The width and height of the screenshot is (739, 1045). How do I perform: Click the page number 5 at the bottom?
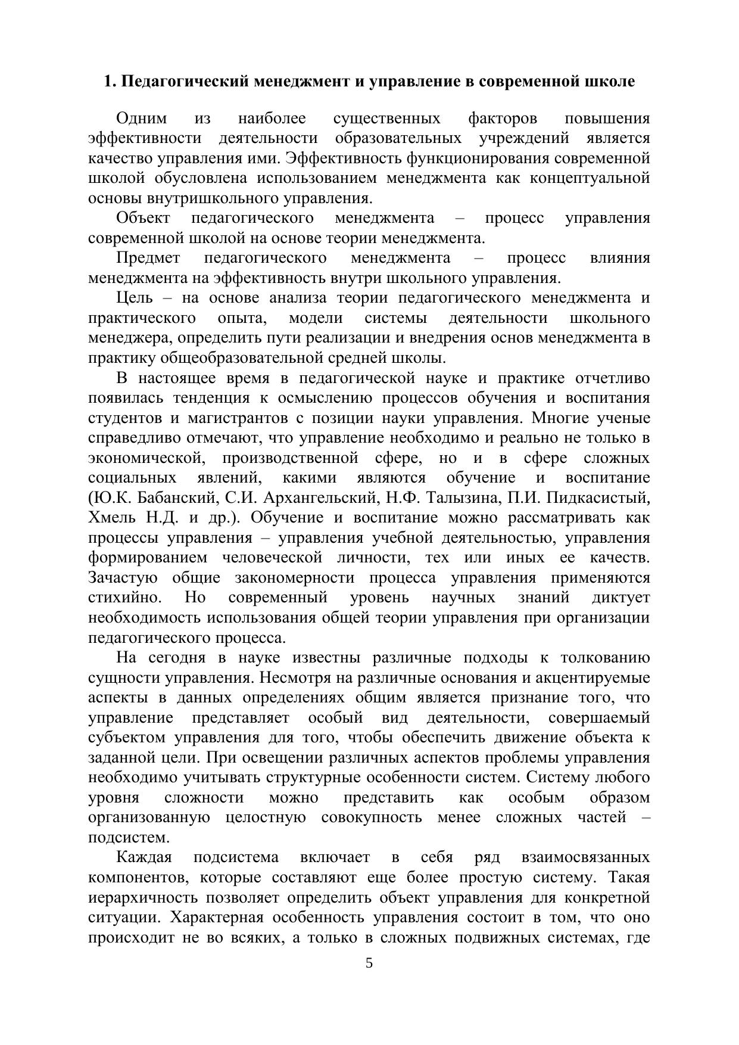(369, 963)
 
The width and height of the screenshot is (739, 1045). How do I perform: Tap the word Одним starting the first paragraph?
(142, 119)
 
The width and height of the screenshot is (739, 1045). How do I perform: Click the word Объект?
(144, 218)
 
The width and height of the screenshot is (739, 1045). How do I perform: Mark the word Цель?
(135, 298)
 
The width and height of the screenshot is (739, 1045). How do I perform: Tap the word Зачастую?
(123, 578)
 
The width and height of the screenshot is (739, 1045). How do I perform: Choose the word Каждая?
(144, 857)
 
